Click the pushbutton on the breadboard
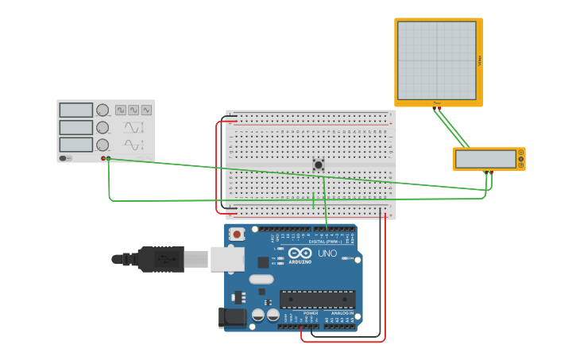coord(319,165)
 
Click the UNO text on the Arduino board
coord(327,254)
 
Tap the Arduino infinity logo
coord(300,253)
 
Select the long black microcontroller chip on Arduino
coord(317,300)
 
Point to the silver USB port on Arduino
coord(227,259)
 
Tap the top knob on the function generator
coord(102,110)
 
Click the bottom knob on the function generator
coord(102,145)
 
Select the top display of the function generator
coord(76,110)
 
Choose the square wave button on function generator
coord(121,110)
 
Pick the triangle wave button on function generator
coord(146,110)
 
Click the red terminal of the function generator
coord(103,158)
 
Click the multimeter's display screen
coord(485,159)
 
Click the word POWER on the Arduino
coord(311,313)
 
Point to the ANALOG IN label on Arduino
coord(342,313)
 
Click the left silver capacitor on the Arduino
coord(258,315)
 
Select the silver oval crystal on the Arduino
coord(261,279)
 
